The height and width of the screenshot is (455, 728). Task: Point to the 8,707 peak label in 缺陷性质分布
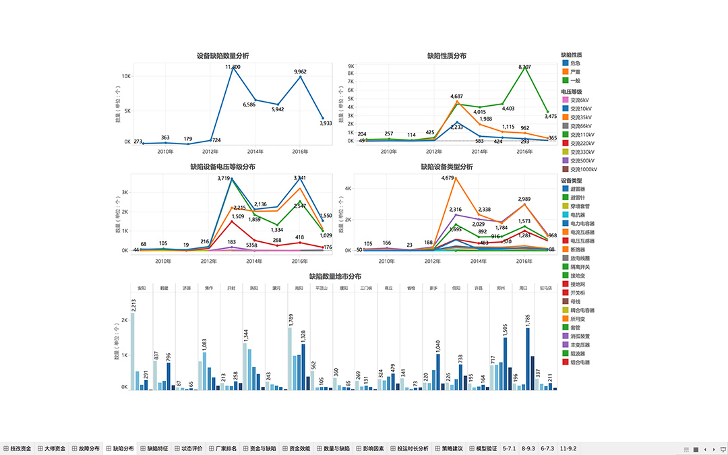(x=524, y=67)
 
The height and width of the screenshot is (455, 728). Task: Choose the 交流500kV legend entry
(x=580, y=160)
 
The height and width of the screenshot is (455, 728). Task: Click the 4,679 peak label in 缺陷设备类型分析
(x=448, y=178)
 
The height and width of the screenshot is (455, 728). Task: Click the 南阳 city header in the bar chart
(x=299, y=288)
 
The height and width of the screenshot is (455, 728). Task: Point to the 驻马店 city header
(x=545, y=288)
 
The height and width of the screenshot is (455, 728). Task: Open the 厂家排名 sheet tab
(x=222, y=448)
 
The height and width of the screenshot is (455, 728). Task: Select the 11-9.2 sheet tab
(x=567, y=448)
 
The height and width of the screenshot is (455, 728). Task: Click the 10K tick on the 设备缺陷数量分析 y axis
(x=126, y=76)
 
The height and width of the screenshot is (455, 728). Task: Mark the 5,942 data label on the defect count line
(x=278, y=109)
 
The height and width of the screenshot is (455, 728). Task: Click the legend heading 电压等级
(x=572, y=91)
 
